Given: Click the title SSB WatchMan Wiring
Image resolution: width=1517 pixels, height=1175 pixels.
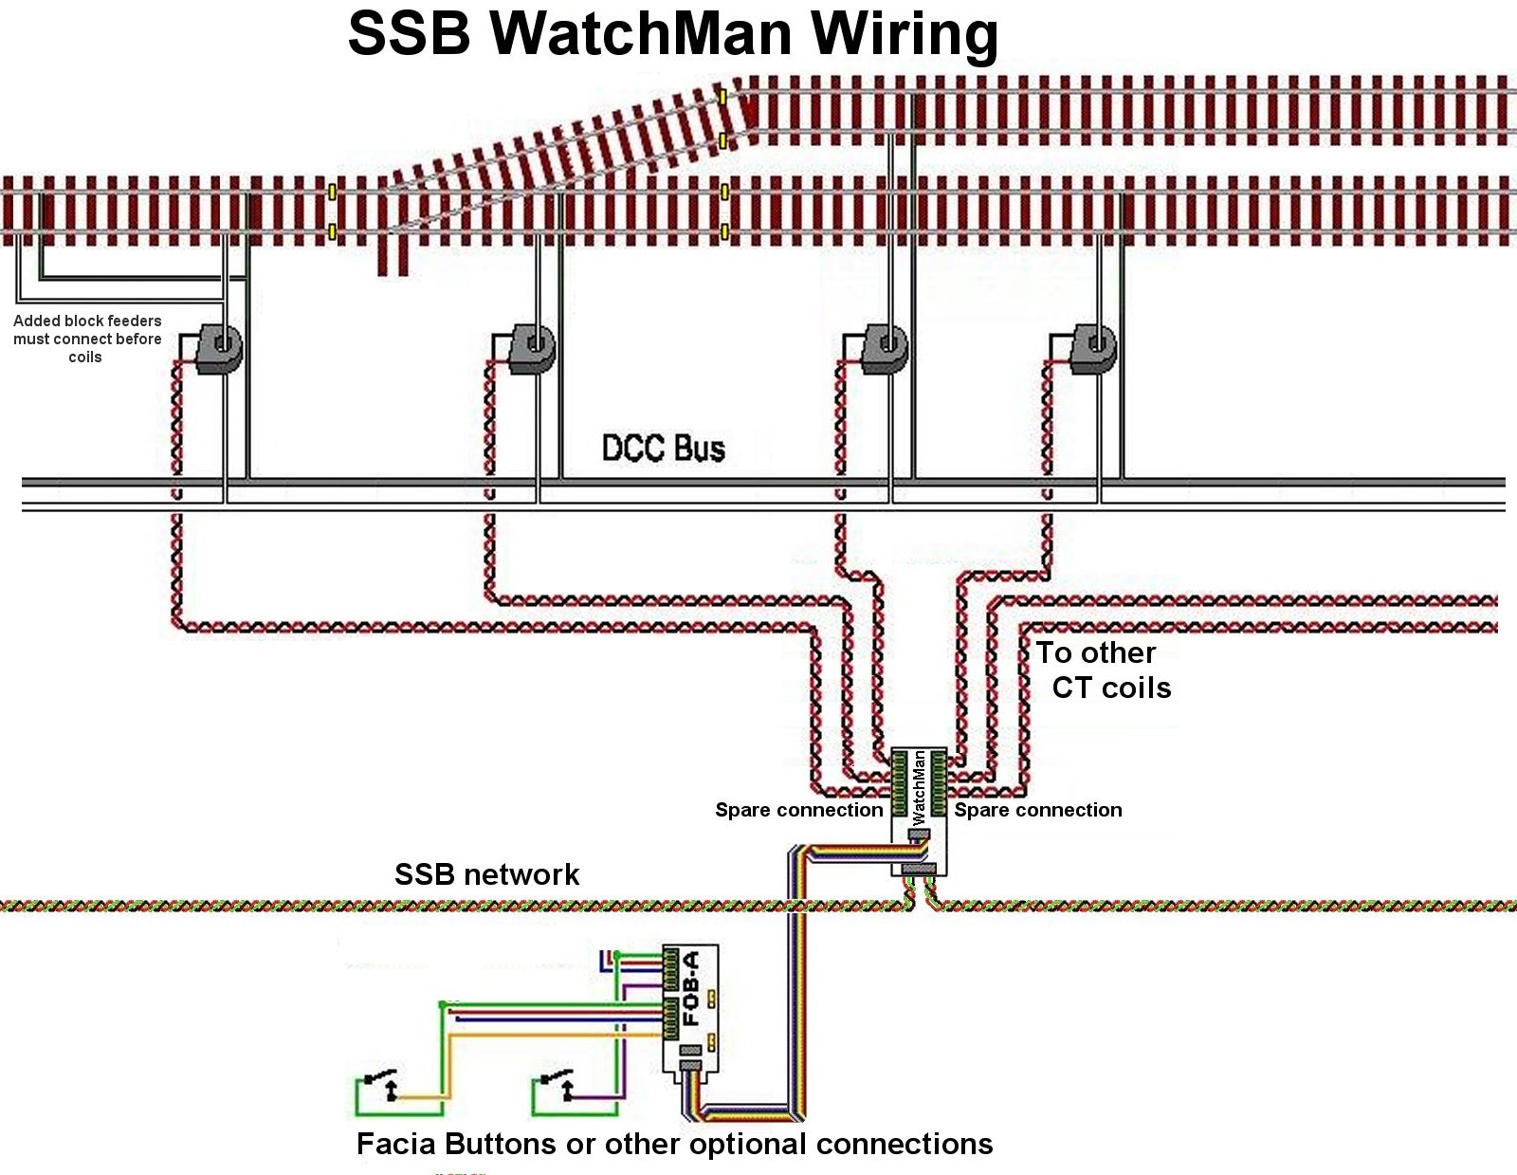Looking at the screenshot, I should click(673, 34).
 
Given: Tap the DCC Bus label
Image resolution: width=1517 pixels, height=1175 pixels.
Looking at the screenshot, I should click(664, 448).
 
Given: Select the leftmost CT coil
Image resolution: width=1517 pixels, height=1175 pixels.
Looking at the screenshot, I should click(220, 349).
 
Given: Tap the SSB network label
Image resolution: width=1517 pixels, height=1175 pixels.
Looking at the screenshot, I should click(486, 874).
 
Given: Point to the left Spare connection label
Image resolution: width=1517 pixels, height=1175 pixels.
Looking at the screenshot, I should click(798, 810).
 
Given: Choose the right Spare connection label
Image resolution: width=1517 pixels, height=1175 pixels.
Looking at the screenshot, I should click(1038, 810).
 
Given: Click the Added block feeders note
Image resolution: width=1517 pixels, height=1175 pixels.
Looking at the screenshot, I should click(86, 339).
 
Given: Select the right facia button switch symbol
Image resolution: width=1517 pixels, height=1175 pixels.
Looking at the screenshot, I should click(557, 1083).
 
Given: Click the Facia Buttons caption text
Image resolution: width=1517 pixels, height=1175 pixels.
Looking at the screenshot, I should click(674, 1145).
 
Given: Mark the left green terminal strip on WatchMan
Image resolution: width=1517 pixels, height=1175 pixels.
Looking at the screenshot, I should click(899, 783).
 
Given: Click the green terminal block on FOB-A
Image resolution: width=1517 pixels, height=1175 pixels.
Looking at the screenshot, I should click(671, 992).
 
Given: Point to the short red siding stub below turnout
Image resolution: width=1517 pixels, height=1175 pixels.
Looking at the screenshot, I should click(393, 254).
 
